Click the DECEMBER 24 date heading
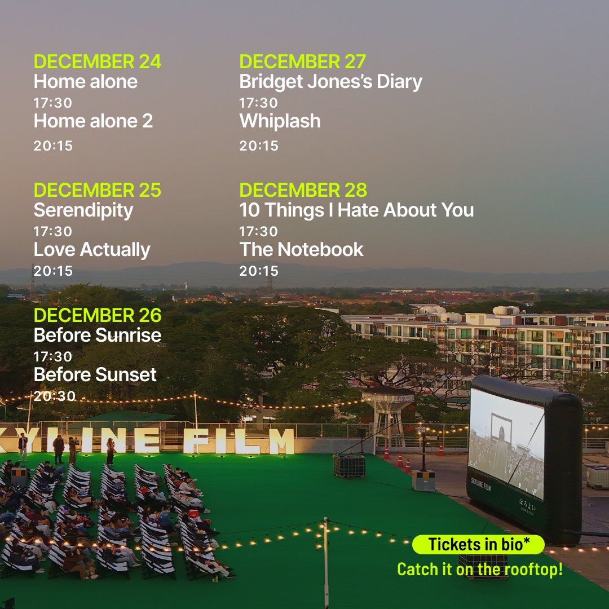[98, 61]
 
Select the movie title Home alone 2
[93, 121]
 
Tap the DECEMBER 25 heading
[98, 190]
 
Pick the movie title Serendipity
[83, 210]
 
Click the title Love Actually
[92, 250]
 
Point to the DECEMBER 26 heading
[98, 315]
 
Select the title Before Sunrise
[98, 335]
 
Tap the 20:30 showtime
[54, 396]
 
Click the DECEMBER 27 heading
[303, 61]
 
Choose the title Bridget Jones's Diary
[330, 82]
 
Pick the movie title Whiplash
[280, 121]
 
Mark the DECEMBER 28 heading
[303, 190]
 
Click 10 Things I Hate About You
[356, 210]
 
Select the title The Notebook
[302, 250]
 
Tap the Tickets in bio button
[478, 545]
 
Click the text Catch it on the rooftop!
[480, 569]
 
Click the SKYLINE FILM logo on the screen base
[481, 484]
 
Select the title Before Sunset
[95, 374]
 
